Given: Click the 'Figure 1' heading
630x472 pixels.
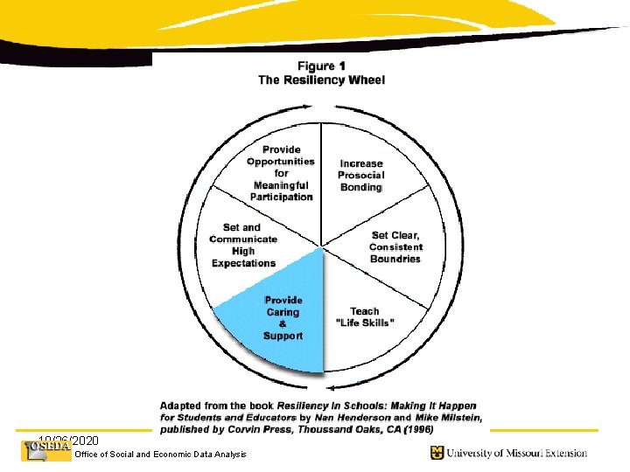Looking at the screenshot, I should [x=321, y=66].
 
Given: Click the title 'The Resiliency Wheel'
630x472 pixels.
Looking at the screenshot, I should [x=321, y=80].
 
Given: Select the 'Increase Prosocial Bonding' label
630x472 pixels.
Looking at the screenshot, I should [x=360, y=175].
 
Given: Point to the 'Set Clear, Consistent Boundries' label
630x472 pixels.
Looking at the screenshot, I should [x=395, y=246].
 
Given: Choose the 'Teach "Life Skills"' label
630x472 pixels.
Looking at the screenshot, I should [x=365, y=316].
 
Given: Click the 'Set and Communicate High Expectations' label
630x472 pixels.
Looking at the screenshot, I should [x=242, y=246].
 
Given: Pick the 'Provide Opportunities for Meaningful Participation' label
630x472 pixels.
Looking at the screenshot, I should [x=281, y=173].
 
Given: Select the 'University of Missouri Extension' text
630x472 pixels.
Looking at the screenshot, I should [x=516, y=453].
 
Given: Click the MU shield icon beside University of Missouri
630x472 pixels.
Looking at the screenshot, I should [x=436, y=452].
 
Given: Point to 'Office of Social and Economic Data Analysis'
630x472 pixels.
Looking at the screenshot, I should [x=161, y=454].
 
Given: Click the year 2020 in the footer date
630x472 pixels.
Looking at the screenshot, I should [x=85, y=440].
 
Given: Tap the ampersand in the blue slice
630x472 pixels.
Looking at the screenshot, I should [x=283, y=324].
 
